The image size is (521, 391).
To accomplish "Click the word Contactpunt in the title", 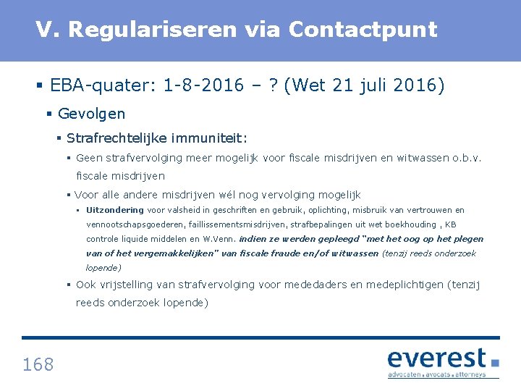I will click(x=363, y=30).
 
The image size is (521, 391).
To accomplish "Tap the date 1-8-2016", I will click(x=203, y=85).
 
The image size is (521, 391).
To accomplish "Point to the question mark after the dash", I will click(x=275, y=85).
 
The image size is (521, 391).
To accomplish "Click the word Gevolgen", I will click(x=91, y=114).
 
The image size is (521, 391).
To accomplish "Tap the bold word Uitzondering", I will click(x=115, y=210).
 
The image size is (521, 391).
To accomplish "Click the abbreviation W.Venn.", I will click(x=219, y=239).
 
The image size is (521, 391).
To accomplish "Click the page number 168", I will click(x=38, y=364).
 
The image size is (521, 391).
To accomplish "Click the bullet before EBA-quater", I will click(x=40, y=85).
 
